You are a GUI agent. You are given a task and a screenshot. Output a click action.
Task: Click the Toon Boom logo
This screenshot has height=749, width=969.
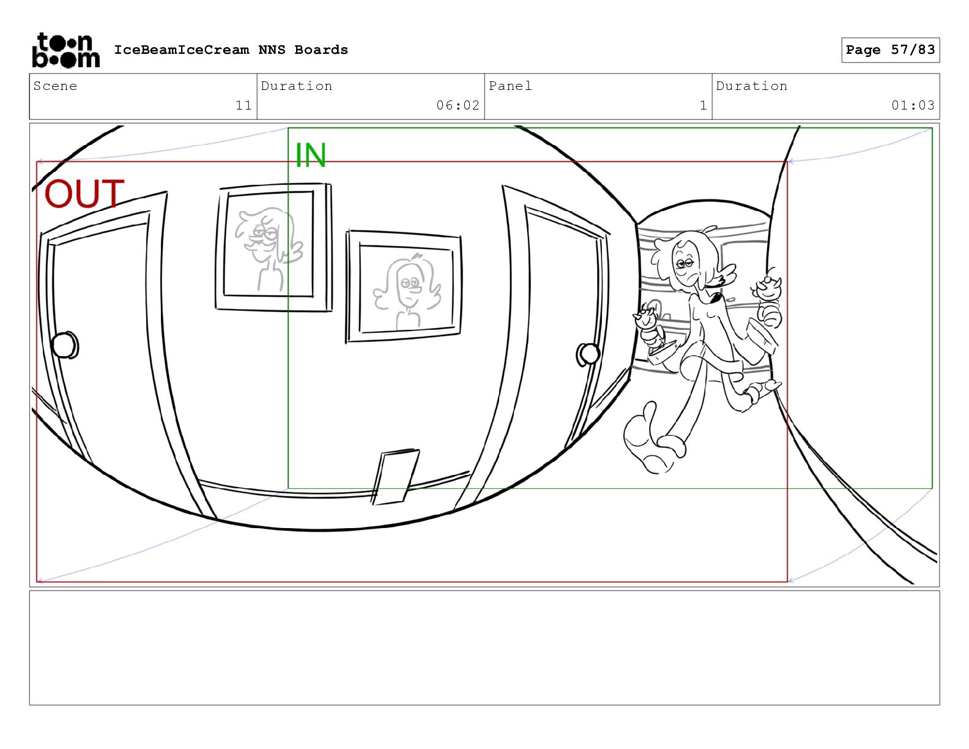point(66,50)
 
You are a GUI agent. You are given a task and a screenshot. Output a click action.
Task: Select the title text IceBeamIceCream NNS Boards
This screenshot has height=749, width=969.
point(231,50)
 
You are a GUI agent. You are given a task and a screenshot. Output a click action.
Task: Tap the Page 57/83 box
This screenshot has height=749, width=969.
point(890,50)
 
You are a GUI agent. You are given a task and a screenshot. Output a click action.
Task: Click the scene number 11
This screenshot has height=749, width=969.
point(243,105)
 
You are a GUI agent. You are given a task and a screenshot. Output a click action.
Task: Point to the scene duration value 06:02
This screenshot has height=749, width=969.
point(458,105)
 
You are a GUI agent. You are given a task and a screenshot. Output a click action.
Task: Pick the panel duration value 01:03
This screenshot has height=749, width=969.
point(913,105)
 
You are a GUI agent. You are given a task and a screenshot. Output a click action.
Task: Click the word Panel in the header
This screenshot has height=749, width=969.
point(510,86)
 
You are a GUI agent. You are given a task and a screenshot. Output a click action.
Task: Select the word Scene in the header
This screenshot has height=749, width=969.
point(55,86)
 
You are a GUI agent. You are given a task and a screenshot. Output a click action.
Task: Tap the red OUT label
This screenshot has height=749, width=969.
point(84,193)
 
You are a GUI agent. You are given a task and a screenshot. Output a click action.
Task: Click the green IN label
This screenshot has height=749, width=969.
point(311,155)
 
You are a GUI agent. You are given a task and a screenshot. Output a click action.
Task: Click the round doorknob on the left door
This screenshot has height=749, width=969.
point(65,345)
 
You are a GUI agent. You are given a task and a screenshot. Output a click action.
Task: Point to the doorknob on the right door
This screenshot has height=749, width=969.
point(588,354)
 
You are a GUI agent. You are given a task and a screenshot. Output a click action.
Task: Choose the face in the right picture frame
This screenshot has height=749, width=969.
point(407,286)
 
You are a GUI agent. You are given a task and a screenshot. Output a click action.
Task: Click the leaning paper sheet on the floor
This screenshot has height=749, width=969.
point(395,477)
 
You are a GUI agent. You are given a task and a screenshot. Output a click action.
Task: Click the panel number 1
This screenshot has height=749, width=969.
point(704,105)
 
